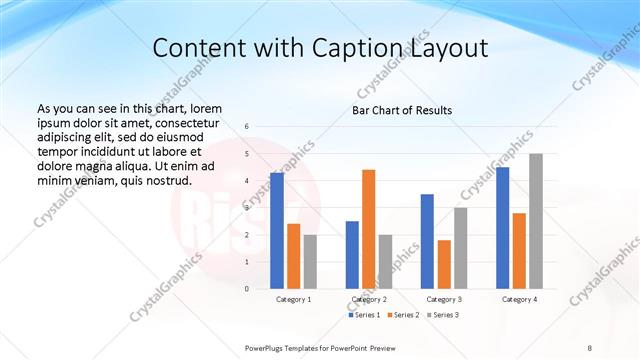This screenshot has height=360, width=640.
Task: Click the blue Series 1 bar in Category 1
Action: pos(277,231)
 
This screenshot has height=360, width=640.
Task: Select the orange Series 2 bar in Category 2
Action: pos(368,229)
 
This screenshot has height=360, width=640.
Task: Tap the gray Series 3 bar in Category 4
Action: pos(536,221)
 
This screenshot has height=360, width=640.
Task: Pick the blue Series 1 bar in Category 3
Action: pos(427,241)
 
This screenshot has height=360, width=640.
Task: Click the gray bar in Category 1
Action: pos(310,262)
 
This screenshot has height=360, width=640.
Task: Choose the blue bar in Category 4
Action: pos(502,228)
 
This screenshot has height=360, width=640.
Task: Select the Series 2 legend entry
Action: pos(403,315)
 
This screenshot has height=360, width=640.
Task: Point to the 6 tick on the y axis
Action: pos(246,127)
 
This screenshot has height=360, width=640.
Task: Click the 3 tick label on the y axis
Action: pos(246,208)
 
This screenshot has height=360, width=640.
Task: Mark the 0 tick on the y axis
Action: pos(246,289)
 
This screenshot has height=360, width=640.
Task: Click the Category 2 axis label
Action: pos(369,299)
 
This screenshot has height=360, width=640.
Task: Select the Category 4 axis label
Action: pos(519,299)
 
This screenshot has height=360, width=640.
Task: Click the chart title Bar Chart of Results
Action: pos(402,110)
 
